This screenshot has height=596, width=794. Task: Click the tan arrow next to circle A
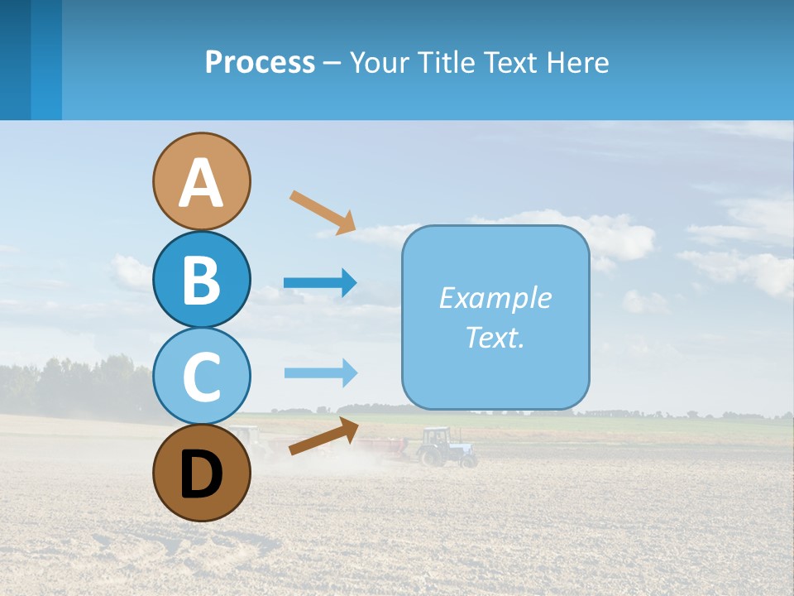point(323,212)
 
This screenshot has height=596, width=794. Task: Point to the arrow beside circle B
point(320,283)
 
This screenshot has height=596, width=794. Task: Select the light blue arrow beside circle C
point(320,372)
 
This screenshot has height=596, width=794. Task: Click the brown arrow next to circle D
point(323,436)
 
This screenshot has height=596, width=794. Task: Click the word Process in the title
point(260,62)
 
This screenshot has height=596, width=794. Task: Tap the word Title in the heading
point(452,62)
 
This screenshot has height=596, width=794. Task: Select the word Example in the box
point(495,298)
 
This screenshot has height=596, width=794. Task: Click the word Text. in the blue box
point(495,337)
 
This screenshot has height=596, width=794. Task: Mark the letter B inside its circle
point(201,280)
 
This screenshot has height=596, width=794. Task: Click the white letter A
point(201,182)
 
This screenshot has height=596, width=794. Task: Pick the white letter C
point(201,377)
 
